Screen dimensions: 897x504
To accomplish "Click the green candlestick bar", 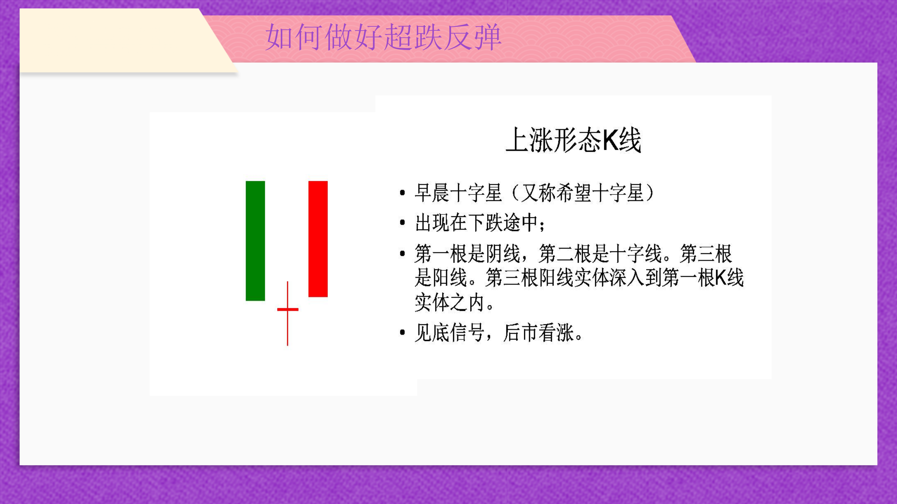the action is tap(255, 241).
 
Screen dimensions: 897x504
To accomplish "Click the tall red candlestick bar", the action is tap(318, 239).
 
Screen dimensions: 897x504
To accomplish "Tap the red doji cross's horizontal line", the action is tap(288, 309).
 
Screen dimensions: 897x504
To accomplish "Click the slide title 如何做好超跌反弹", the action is tap(383, 37).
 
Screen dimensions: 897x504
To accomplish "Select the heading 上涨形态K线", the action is tap(573, 140).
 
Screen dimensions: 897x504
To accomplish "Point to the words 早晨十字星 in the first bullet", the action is tap(458, 193).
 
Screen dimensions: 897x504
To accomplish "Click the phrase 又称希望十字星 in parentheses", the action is tap(582, 193).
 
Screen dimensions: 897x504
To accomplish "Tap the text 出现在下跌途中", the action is tap(476, 223).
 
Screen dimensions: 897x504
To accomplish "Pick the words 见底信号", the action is tap(449, 333).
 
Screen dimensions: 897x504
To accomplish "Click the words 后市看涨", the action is tap(538, 333).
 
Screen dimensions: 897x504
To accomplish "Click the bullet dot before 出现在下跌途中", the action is tap(403, 222).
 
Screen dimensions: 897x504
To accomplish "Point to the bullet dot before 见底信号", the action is tap(403, 333).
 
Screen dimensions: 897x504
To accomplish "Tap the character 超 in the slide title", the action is tap(398, 37).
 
